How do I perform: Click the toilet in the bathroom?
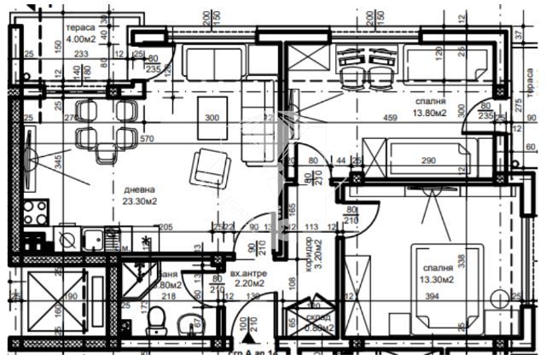click(x=156, y=322)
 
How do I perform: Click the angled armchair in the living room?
click(x=209, y=166)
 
